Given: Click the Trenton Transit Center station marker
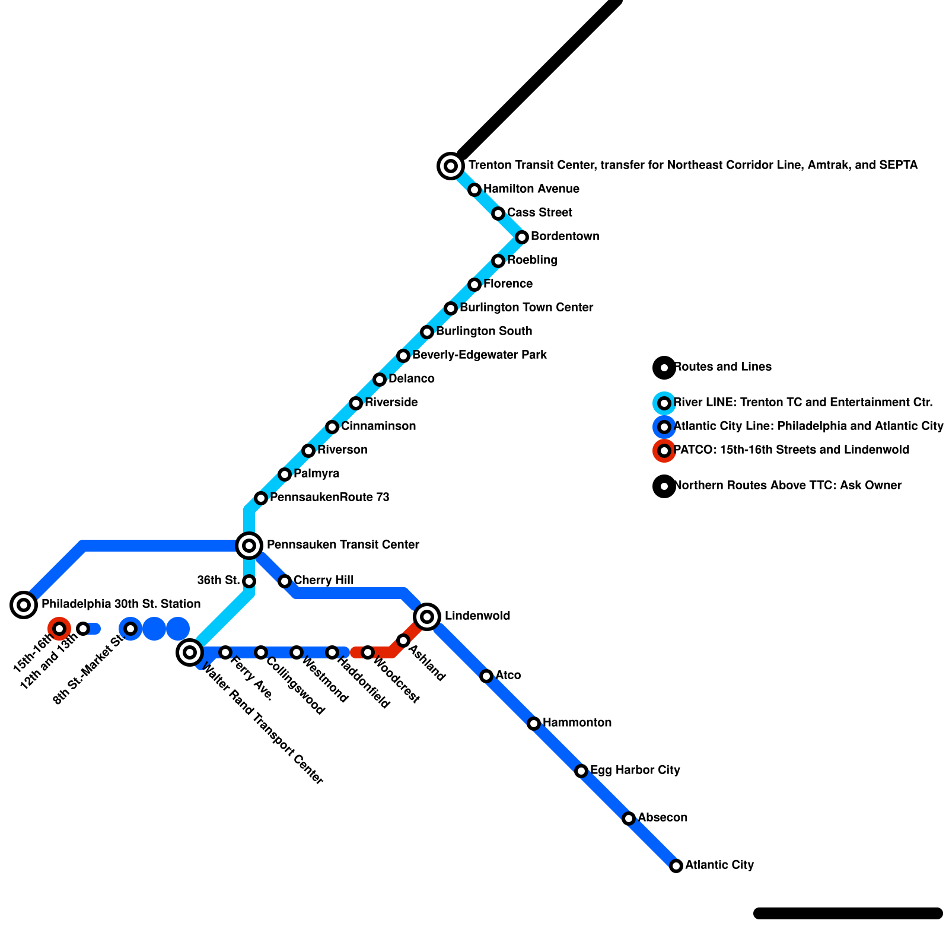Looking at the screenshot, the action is pos(451,165).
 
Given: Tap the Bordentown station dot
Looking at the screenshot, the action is pos(522,237).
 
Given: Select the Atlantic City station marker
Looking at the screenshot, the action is pos(676,866).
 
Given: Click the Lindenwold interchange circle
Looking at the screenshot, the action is pos(427,617).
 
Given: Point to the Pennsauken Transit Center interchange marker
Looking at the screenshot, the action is pos(250,545).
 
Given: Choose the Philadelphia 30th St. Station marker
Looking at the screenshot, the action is pos(24,605).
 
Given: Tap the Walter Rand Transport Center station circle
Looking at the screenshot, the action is pos(190,652).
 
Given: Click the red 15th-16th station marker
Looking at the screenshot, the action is pos(59,629).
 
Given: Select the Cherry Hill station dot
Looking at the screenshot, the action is pos(285,581).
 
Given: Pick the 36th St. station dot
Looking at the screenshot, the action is pos(250,581).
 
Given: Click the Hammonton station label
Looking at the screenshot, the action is pos(577,723).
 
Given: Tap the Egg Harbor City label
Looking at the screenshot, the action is pos(635,770).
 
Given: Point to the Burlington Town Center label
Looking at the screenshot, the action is pos(526,308).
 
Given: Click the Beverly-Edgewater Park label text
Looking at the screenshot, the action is pos(479,355).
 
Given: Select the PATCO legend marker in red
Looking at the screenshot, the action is pos(664,451).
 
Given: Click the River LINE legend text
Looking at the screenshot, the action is pos(803,403).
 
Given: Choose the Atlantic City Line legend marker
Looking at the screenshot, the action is pos(664,427).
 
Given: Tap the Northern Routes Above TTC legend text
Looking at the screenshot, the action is pos(788,486).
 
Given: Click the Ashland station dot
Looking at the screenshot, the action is pos(403,641).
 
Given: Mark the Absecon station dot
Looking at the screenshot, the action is pos(629,819).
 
